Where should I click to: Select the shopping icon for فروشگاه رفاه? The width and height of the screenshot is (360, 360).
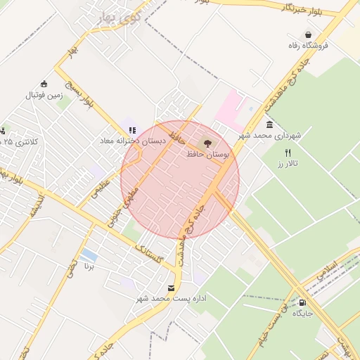coord(308,34)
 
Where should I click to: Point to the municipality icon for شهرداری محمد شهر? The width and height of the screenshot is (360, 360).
coord(269,124)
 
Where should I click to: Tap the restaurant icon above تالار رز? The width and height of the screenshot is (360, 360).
coord(288,153)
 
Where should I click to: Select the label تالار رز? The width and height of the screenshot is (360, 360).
coord(288,163)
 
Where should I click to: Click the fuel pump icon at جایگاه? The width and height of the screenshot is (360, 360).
coord(302,302)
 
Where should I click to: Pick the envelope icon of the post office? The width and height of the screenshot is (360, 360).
coord(172,288)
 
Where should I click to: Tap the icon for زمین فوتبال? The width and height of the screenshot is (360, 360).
coord(44,84)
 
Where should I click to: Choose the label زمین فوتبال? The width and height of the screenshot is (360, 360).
coord(45,94)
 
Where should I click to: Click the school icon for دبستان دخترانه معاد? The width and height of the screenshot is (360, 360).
coord(132,130)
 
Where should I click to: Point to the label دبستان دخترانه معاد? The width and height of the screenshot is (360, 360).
coord(132,141)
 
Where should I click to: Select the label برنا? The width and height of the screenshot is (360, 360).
coord(89,266)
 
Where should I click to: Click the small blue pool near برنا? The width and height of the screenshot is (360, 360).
coord(89,255)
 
